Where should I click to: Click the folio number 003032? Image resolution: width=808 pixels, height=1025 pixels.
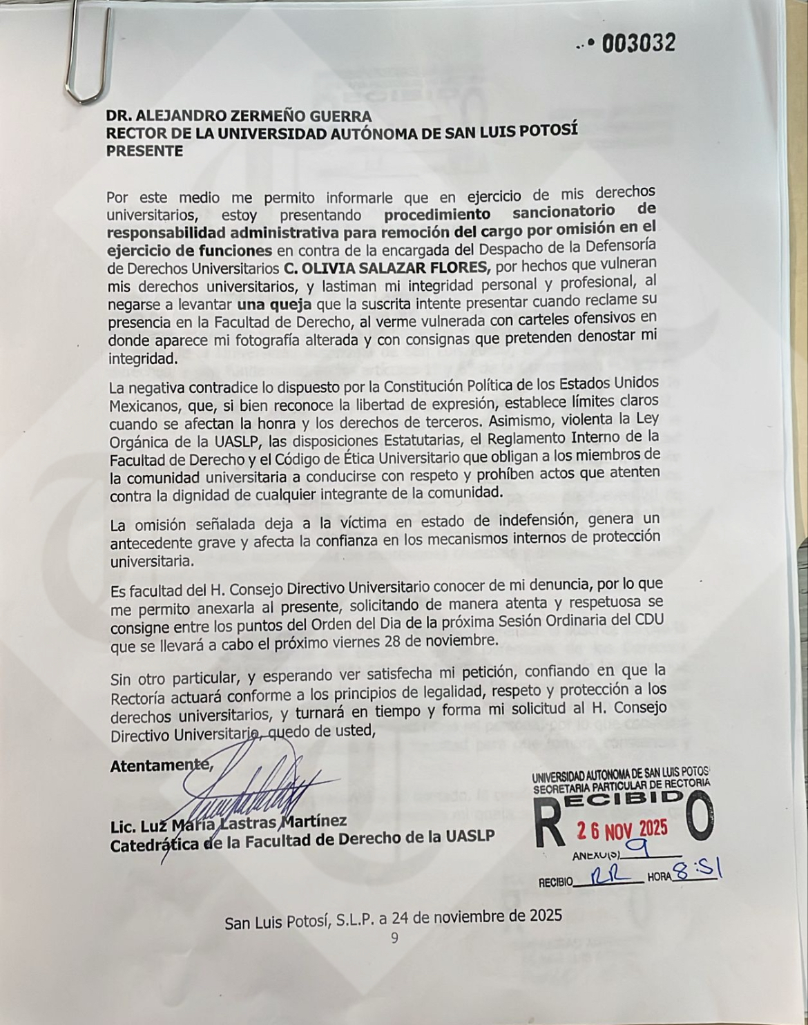(x=637, y=44)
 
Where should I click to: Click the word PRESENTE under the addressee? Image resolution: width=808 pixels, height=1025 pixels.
(x=144, y=151)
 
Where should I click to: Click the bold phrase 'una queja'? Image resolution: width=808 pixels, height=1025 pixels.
(x=274, y=303)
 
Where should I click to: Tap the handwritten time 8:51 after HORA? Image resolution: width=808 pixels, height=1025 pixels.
(x=697, y=872)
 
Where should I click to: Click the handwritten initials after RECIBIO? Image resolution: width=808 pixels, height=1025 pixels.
(x=608, y=876)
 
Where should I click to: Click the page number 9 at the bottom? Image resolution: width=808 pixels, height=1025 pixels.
(x=394, y=938)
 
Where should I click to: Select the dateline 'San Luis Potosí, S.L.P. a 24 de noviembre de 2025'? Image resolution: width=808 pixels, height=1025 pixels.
(x=393, y=916)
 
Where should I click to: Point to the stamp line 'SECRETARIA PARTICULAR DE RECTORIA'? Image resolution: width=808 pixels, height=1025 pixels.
(x=621, y=783)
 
